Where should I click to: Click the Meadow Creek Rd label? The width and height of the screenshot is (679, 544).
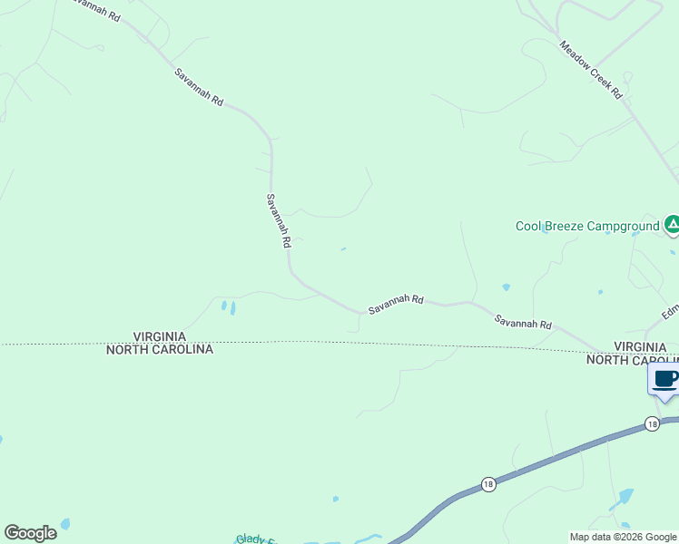tap(591, 70)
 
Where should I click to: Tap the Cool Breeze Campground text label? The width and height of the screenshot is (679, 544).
tap(586, 226)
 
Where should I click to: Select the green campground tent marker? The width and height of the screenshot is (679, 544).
tap(672, 224)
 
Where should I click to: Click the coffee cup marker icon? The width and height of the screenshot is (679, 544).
tap(664, 379)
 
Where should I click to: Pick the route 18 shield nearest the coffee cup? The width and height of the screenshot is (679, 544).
tap(652, 423)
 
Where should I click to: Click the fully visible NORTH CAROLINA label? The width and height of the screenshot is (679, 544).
tap(160, 349)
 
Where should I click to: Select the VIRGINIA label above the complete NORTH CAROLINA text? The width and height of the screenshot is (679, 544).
tap(160, 336)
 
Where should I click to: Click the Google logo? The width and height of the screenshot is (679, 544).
tap(31, 532)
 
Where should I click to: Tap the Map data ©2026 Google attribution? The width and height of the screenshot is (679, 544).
tap(623, 537)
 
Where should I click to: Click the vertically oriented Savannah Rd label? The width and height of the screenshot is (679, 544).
tap(278, 220)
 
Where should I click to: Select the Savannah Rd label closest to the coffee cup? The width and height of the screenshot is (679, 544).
tap(523, 321)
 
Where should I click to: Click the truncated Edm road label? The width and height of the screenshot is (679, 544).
tap(670, 311)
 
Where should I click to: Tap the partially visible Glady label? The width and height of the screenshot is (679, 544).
tap(256, 539)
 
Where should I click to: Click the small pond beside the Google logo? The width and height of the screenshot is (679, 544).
tap(64, 524)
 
